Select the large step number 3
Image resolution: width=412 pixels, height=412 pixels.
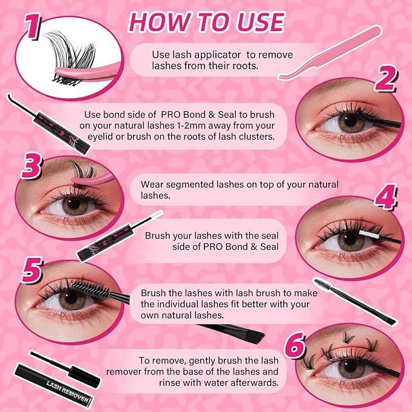pyautogui.click(x=32, y=166)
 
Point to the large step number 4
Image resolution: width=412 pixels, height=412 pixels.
pyautogui.click(x=385, y=197)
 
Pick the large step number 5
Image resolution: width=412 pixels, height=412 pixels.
pyautogui.click(x=32, y=270)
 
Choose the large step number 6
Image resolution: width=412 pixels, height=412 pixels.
pyautogui.click(x=295, y=345)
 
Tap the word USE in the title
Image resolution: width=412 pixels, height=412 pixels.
pyautogui.click(x=260, y=22)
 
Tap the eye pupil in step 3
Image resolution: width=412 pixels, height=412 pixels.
pyautogui.click(x=74, y=203)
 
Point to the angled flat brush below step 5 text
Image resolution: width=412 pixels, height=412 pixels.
pyautogui.click(x=231, y=331)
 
